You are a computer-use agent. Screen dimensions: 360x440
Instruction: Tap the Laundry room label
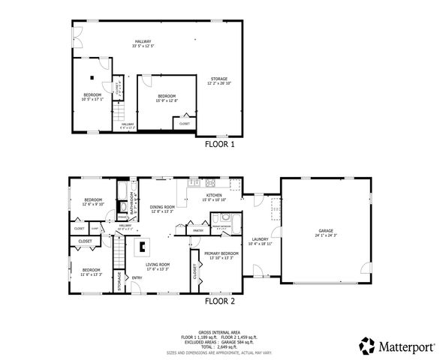[x=259, y=238]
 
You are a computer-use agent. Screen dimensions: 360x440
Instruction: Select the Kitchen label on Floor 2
[x=214, y=195]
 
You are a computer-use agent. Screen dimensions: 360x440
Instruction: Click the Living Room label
[x=158, y=264]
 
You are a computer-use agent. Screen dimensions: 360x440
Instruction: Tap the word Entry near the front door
[x=137, y=278]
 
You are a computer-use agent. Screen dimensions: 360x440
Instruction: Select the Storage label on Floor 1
[x=219, y=79]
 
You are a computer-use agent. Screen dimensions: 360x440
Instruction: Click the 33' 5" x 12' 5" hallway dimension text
[x=143, y=46]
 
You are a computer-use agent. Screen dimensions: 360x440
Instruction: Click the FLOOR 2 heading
[x=219, y=301]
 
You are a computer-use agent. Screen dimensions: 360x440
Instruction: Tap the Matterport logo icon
[x=366, y=346]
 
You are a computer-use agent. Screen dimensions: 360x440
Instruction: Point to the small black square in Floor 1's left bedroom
[x=91, y=76]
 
